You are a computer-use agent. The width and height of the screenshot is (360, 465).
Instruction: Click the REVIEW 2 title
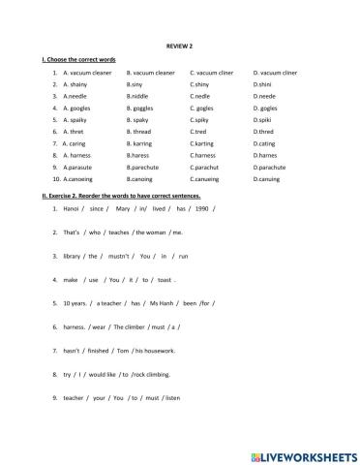coord(180,46)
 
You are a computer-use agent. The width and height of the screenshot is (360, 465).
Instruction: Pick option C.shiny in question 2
coord(200,84)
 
